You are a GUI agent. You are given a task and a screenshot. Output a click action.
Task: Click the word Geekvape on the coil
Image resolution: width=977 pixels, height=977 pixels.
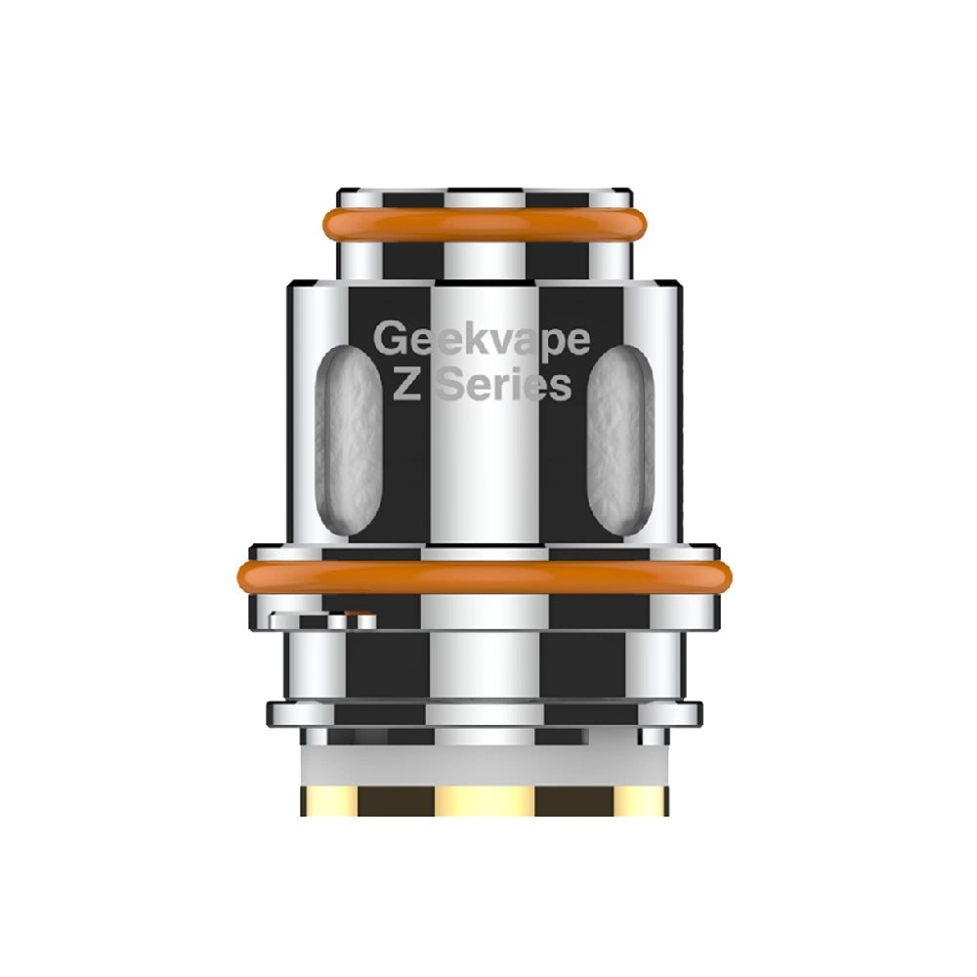click(483, 342)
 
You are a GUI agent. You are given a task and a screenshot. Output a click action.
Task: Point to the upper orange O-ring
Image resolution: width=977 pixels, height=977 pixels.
click(485, 224)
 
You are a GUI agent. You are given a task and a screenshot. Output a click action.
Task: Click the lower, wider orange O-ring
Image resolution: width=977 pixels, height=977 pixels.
click(485, 576)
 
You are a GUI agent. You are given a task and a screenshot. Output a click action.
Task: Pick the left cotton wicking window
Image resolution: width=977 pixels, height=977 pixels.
click(347, 440)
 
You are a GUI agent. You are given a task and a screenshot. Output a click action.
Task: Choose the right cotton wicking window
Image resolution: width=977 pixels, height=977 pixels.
click(620, 440)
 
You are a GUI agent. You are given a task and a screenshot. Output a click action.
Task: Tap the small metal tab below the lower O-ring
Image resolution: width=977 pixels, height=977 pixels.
click(322, 619)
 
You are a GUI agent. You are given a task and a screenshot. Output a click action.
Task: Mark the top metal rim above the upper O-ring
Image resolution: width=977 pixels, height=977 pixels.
click(485, 195)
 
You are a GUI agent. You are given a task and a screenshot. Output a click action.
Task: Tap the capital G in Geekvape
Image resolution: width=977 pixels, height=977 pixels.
click(391, 340)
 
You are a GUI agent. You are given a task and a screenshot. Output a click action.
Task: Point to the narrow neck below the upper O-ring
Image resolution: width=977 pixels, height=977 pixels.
click(485, 259)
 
